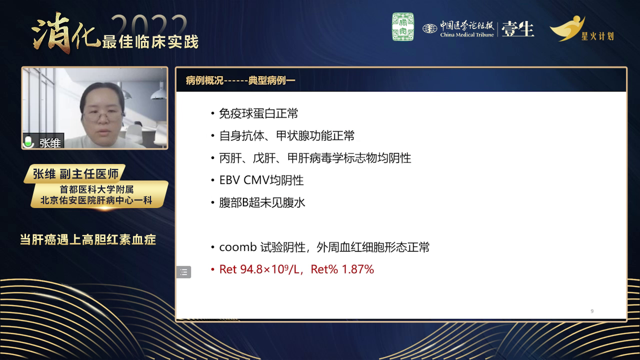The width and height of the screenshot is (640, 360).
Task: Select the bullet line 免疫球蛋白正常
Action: pos(258,113)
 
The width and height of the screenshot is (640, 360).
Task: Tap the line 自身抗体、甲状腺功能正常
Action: pos(287,135)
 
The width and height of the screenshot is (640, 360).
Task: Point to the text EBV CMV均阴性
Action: pos(261,180)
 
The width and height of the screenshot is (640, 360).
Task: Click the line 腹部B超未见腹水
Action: pos(262,202)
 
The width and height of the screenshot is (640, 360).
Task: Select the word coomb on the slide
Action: pos(237,247)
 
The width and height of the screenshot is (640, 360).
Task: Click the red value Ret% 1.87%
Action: pos(342,269)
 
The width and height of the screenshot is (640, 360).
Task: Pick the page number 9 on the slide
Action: pos(592,311)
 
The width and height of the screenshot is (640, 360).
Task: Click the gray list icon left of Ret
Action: pos(183,272)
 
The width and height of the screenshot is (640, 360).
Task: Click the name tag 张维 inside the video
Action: pos(50,143)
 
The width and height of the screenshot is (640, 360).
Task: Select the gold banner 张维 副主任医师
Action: pos(75,174)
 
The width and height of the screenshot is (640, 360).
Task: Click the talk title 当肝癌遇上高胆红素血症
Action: pos(88,240)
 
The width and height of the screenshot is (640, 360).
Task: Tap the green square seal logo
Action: pos(402,27)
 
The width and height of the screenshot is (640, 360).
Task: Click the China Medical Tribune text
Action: pos(467,34)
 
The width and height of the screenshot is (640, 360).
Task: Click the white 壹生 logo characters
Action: pos(517,29)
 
